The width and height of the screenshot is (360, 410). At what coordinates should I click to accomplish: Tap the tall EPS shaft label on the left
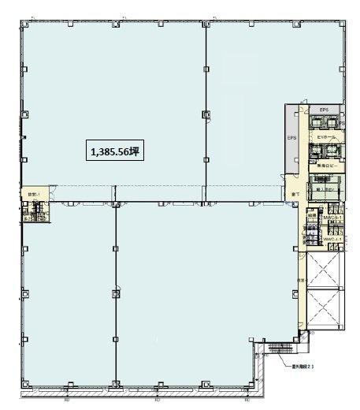pyautogui.click(x=291, y=136)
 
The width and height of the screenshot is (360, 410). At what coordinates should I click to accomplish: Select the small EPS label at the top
pyautogui.click(x=323, y=110)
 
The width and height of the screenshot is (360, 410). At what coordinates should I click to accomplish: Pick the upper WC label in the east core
pyautogui.click(x=329, y=207)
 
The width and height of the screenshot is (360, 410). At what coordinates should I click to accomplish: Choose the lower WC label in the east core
pyautogui.click(x=329, y=239)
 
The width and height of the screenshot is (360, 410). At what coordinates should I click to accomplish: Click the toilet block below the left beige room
pyautogui.click(x=34, y=214)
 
